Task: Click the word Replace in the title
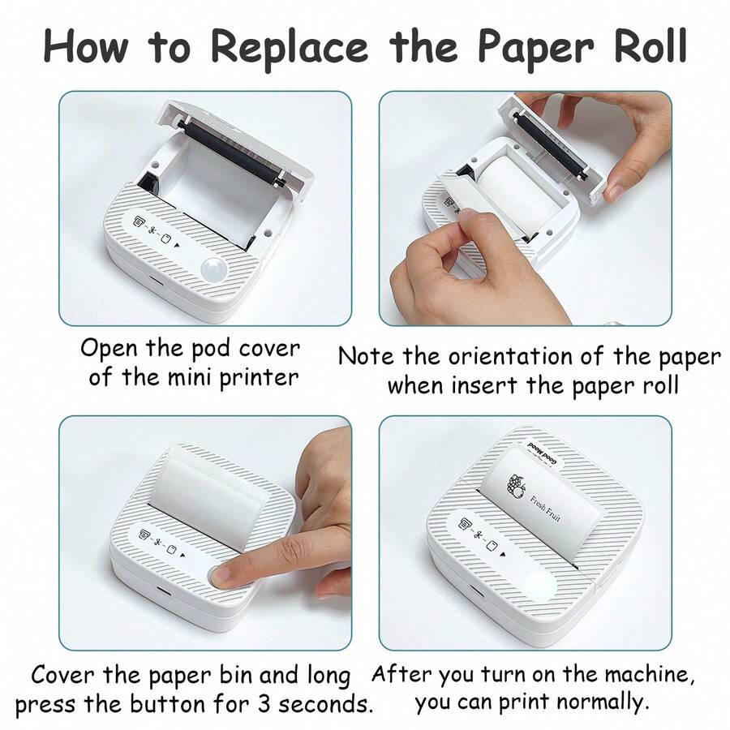coord(294,46)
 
